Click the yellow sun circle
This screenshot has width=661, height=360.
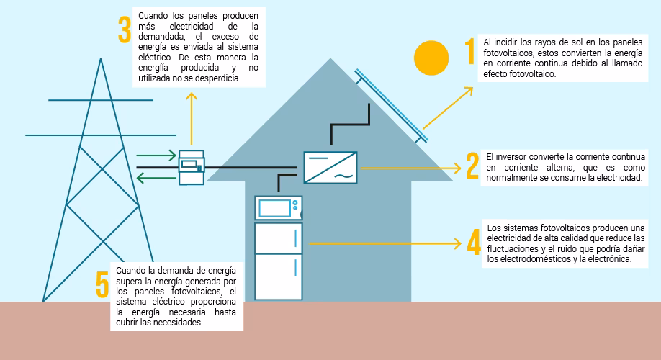pyautogui.click(x=431, y=58)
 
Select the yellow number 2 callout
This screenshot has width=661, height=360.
pyautogui.click(x=472, y=166)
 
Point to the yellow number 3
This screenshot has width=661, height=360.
pyautogui.click(x=124, y=30)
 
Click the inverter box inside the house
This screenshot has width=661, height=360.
pyautogui.click(x=330, y=167)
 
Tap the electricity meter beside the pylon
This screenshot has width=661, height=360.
pyautogui.click(x=192, y=167)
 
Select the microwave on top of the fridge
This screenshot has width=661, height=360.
pyautogui.click(x=278, y=208)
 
